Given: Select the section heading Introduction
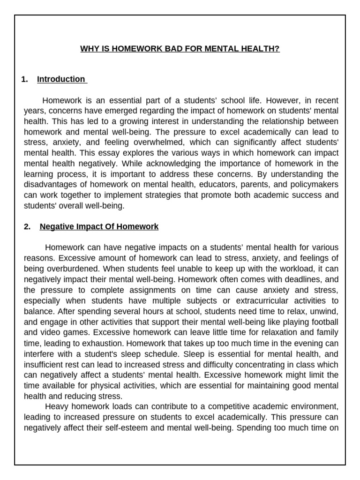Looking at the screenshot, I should tap(61, 79).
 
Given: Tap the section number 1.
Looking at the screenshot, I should tap(25, 79).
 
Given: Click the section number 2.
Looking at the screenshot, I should tap(27, 227).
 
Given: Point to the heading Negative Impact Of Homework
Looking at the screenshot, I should tap(99, 227).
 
